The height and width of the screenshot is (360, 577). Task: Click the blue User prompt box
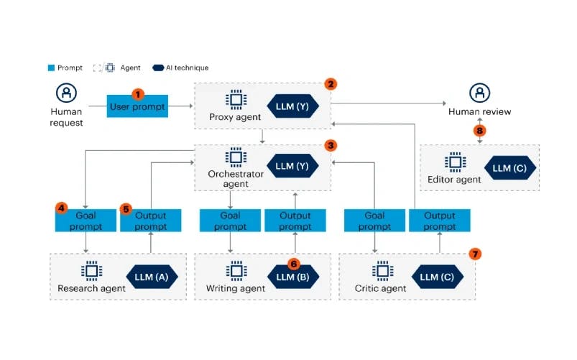click(137, 106)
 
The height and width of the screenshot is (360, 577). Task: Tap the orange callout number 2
click(331, 84)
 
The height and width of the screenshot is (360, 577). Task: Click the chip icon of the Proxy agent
click(234, 100)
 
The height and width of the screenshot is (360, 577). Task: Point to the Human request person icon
click(66, 93)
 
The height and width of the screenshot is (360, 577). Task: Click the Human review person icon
click(479, 93)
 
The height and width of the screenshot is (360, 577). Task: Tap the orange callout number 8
click(479, 130)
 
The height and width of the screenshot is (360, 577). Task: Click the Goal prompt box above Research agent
click(86, 221)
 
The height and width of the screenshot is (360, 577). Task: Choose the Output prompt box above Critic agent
click(439, 221)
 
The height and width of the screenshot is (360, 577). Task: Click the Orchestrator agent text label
click(234, 179)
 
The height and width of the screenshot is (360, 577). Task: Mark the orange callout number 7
click(474, 254)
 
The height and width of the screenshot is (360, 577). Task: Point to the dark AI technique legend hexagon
click(158, 68)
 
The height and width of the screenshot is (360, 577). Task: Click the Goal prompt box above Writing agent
click(231, 221)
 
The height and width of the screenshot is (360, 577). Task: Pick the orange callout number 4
click(62, 209)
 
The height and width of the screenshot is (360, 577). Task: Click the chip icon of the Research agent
click(91, 272)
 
